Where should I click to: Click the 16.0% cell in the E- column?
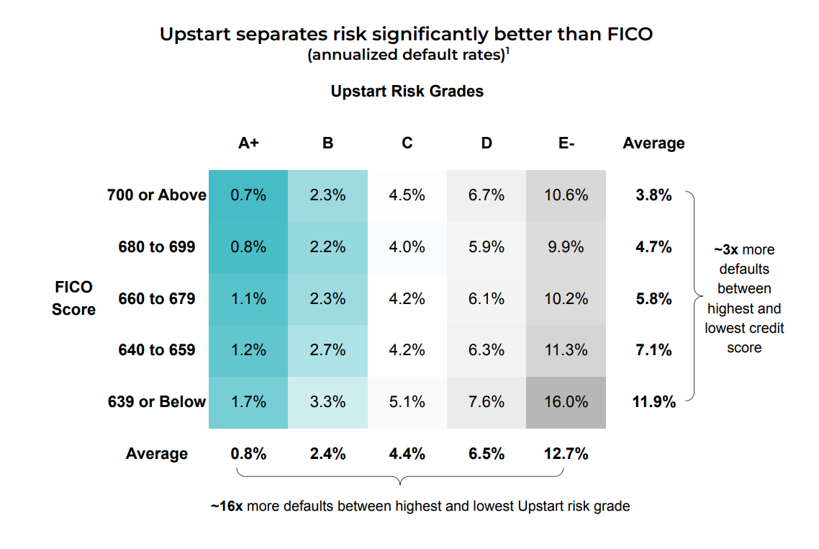click(x=566, y=402)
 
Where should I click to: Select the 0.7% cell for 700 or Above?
click(x=248, y=195)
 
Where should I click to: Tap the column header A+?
click(x=248, y=143)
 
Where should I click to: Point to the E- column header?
click(x=566, y=143)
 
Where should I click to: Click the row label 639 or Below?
click(x=157, y=402)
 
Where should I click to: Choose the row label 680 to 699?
click(x=157, y=247)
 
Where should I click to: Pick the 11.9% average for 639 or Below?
click(x=653, y=402)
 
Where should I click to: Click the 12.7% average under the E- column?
click(x=566, y=454)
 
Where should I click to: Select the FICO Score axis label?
click(x=73, y=298)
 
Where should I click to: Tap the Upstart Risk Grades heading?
click(x=407, y=91)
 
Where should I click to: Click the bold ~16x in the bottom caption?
click(x=227, y=506)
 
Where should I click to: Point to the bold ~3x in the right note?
click(x=725, y=250)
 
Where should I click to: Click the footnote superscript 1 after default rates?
click(x=508, y=51)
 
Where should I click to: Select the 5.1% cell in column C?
click(x=407, y=402)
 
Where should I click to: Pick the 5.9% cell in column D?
click(x=487, y=247)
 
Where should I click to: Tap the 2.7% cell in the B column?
click(x=327, y=350)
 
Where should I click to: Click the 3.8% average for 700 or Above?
click(x=653, y=195)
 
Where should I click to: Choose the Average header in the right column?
click(x=653, y=143)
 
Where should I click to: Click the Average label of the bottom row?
click(x=157, y=454)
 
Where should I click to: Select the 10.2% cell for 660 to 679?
click(x=566, y=298)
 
